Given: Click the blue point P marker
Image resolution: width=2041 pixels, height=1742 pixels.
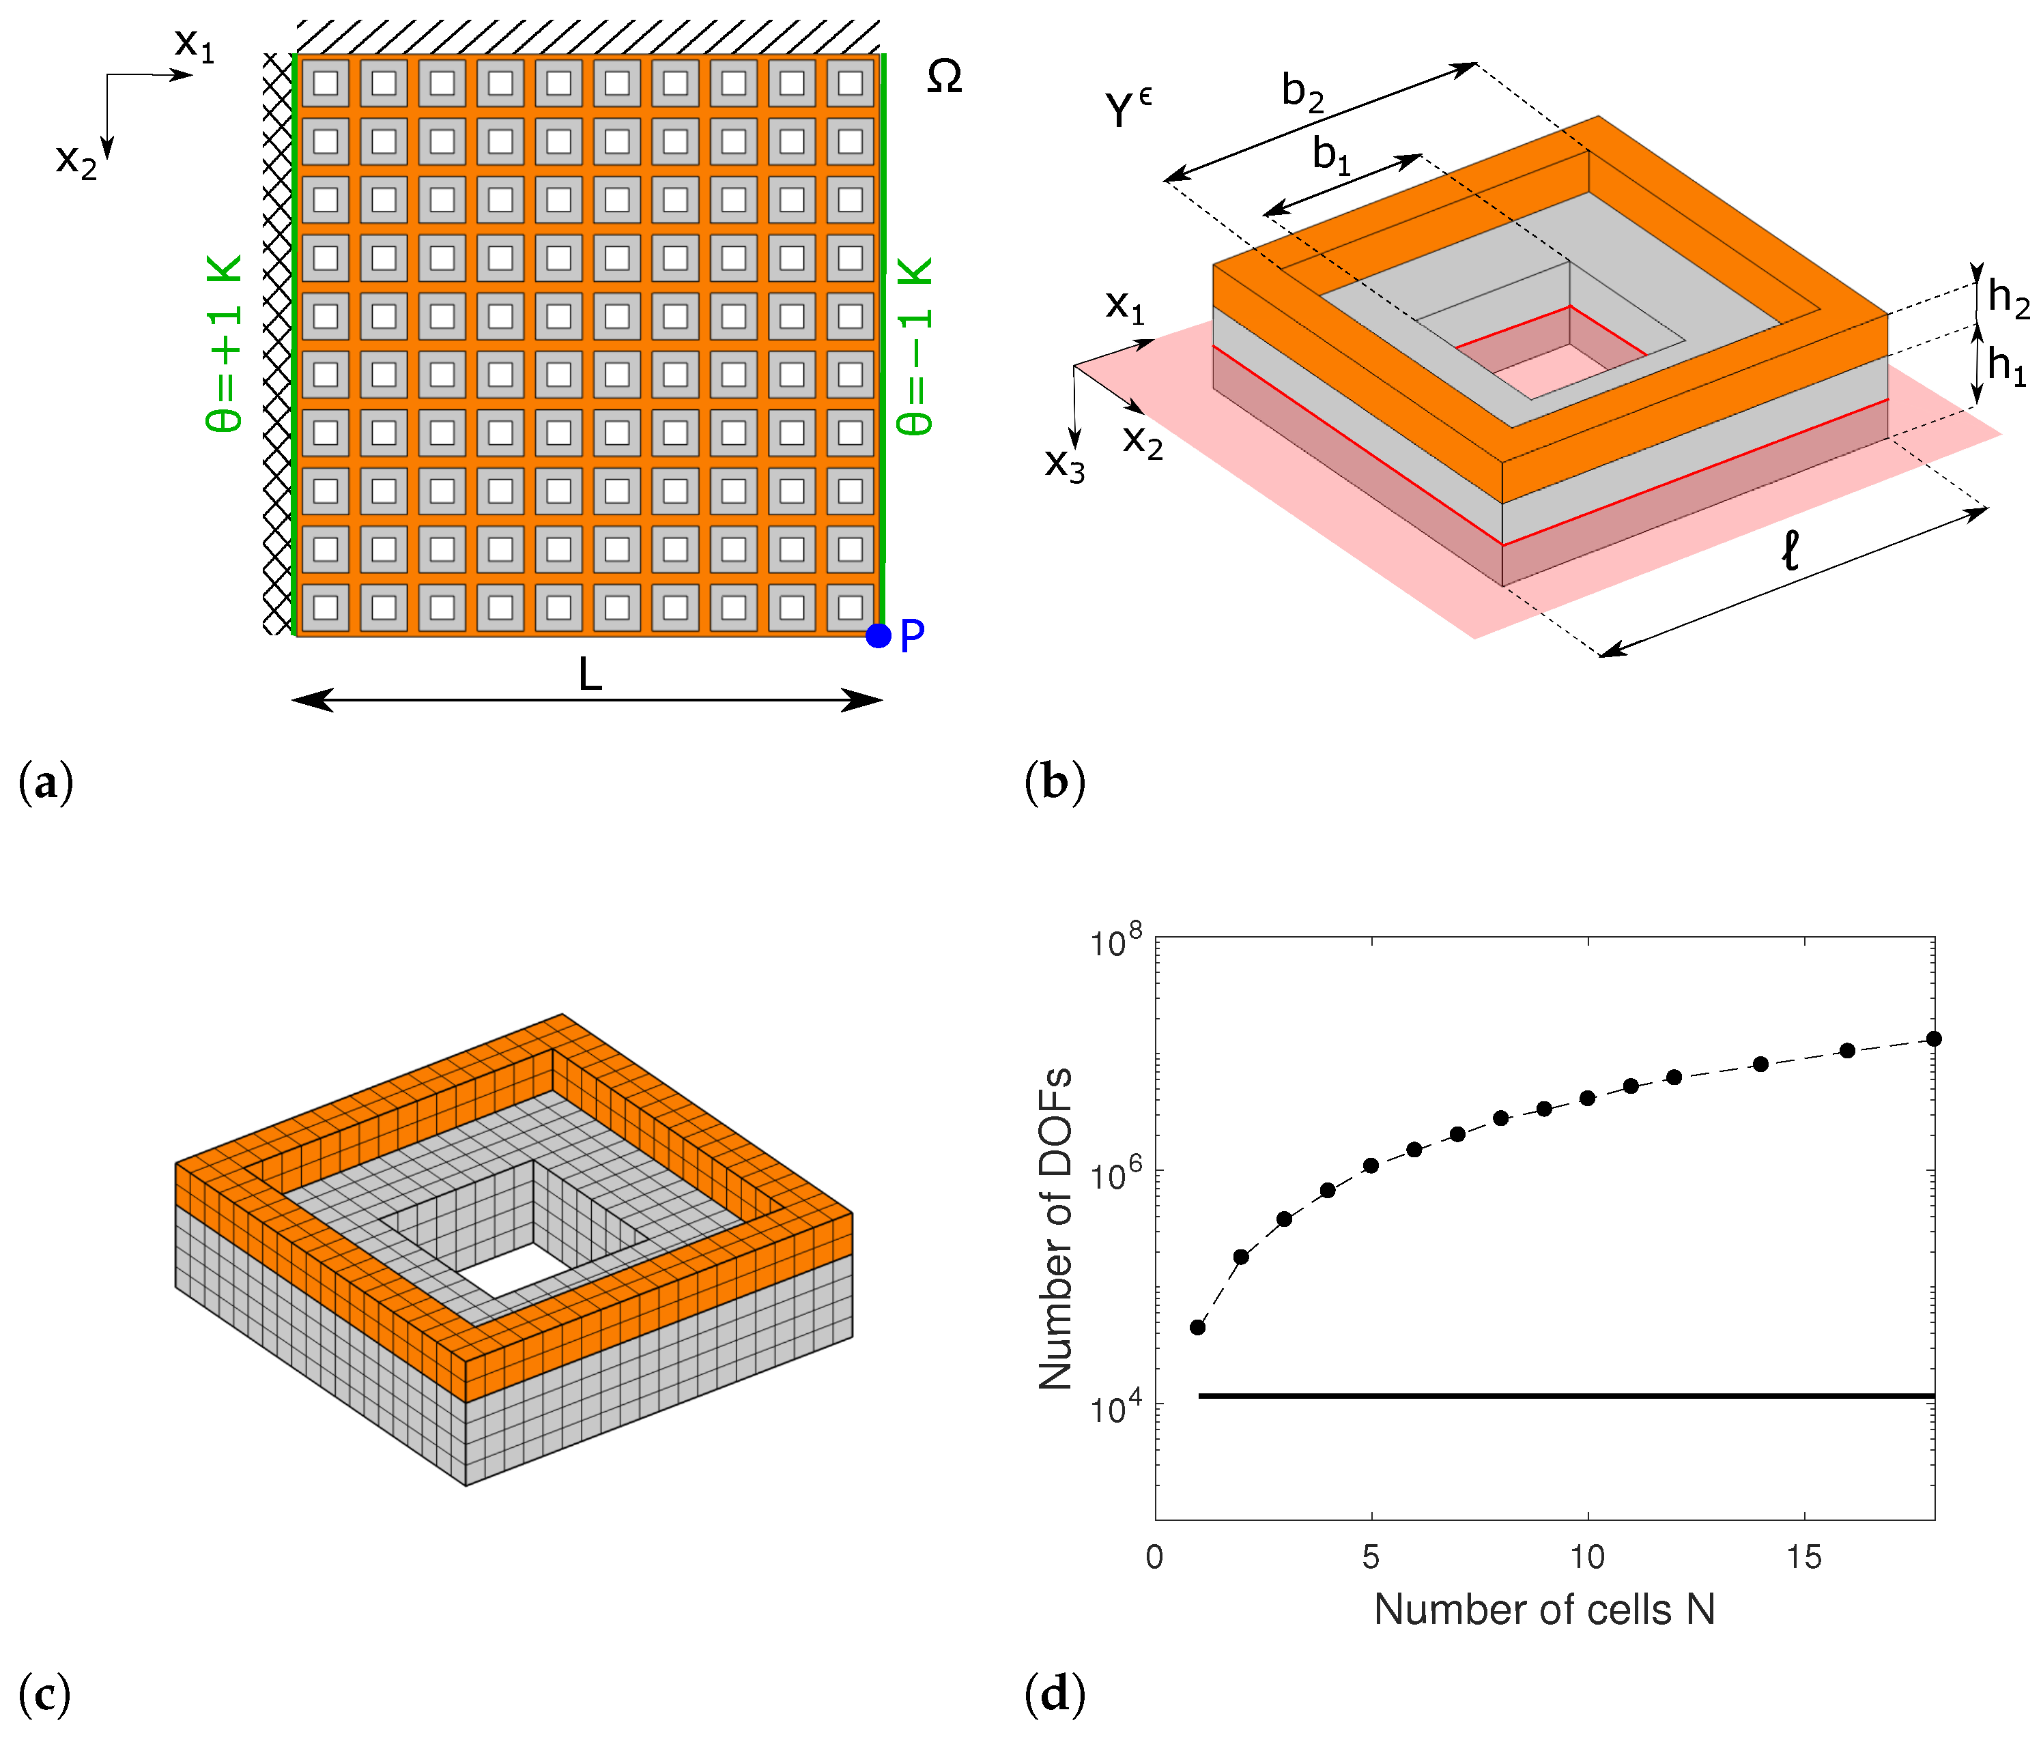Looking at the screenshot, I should pos(878,636).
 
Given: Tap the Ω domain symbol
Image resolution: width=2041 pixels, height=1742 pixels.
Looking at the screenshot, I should pos(943,77).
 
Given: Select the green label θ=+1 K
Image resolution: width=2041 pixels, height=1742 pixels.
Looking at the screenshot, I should pos(225,344).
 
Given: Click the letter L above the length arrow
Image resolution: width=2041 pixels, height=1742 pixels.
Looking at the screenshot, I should pos(589,676).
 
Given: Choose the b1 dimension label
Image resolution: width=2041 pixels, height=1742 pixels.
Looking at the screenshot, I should pos(1331,156).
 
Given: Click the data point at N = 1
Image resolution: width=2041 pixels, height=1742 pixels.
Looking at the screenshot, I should pos(1198,1327).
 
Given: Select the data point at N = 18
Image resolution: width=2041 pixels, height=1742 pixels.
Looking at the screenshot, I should pos(1934,1039).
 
